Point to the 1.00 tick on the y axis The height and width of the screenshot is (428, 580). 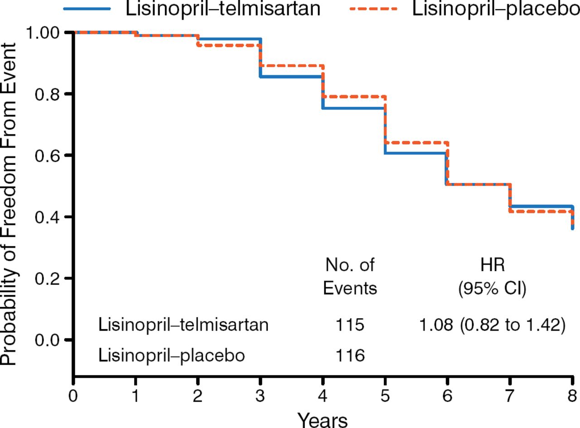click(45, 33)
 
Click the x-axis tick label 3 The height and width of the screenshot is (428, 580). click(260, 392)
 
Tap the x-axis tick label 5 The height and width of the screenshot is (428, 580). click(385, 392)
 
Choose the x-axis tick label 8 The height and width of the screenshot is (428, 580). click(572, 392)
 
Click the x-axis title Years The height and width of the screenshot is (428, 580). click(323, 418)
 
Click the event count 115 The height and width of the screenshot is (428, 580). click(350, 325)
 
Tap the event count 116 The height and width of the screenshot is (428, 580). click(350, 356)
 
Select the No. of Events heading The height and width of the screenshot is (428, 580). click(350, 276)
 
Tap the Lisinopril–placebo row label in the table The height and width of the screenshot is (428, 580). click(172, 356)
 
